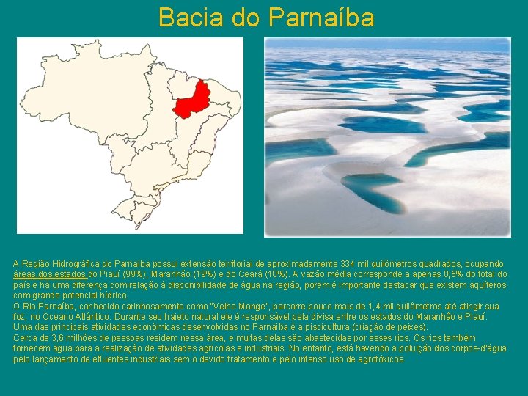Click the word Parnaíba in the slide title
tap(321, 17)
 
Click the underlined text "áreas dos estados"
tap(50, 274)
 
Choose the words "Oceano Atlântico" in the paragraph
tap(70, 316)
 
